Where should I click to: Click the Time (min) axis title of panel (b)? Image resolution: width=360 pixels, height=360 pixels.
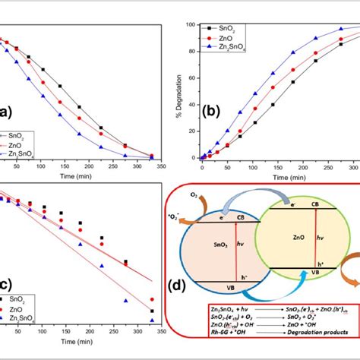pos(276,173)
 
